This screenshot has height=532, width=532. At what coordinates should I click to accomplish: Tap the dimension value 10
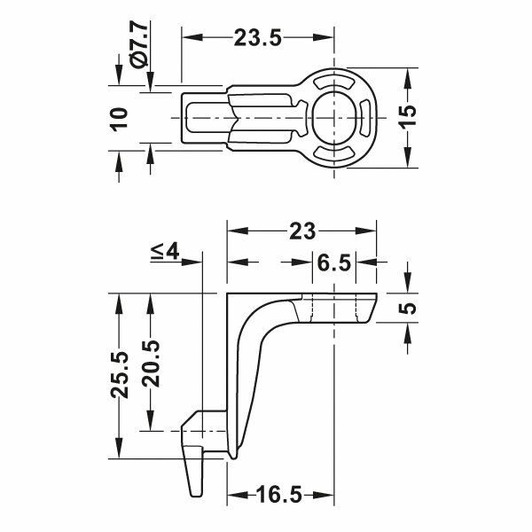(120, 117)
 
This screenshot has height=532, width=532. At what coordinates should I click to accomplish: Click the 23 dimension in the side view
(301, 231)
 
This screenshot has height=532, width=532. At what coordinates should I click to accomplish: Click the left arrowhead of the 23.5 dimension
(187, 37)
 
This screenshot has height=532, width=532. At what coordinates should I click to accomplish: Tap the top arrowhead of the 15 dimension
(407, 74)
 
